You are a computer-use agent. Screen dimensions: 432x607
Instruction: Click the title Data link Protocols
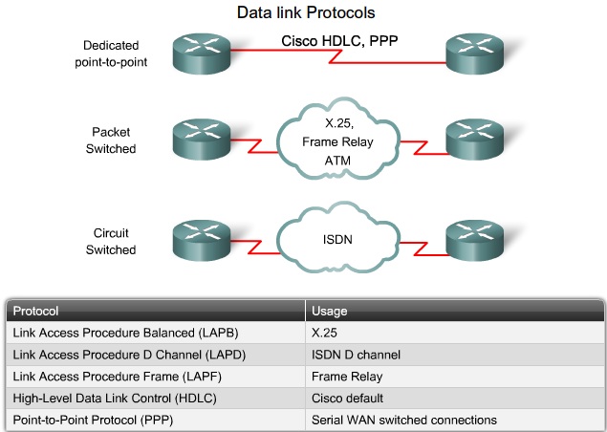tap(303, 13)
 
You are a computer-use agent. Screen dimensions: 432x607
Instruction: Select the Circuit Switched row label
tap(112, 241)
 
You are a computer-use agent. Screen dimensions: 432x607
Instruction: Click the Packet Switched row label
tap(112, 140)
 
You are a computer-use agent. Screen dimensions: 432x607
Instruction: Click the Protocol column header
tap(34, 311)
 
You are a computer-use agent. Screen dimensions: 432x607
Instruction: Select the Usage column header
tap(330, 311)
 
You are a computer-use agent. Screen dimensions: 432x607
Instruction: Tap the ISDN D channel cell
tap(356, 354)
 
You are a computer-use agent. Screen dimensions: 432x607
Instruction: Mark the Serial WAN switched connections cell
tap(405, 420)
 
